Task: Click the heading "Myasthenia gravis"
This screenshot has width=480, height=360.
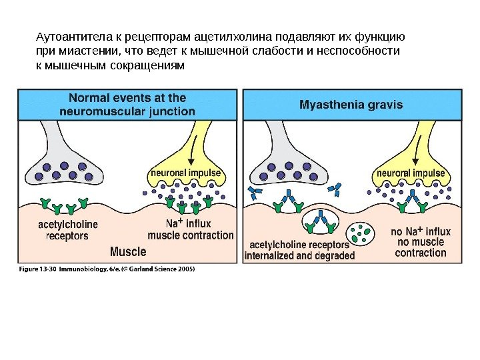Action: [351, 105]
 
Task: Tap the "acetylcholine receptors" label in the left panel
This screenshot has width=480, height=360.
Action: [67, 229]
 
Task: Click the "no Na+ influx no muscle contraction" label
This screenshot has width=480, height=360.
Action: [420, 242]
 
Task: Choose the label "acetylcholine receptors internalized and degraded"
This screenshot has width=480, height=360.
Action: [300, 249]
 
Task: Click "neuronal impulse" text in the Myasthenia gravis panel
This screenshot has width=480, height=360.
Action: [411, 173]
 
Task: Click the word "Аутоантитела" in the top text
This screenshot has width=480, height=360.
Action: [63, 36]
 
